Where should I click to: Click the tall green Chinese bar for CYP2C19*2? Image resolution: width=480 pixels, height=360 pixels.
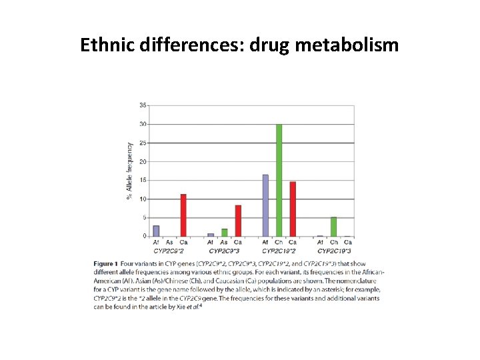click(279, 180)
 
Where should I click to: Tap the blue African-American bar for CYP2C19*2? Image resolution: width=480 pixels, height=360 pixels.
click(265, 205)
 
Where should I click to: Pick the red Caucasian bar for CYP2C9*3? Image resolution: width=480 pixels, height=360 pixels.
click(238, 221)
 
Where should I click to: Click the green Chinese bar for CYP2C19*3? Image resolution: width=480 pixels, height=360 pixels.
click(334, 227)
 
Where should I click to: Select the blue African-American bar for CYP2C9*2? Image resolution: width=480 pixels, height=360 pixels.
click(156, 231)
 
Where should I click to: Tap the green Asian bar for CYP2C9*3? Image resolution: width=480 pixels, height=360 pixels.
click(225, 233)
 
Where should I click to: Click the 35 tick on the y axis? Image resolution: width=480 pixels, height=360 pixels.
click(143, 105)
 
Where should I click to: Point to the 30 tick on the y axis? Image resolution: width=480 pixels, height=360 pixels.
click(143, 124)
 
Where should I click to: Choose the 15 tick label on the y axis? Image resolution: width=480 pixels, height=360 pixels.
click(143, 180)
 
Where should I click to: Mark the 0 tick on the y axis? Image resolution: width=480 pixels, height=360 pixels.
click(144, 236)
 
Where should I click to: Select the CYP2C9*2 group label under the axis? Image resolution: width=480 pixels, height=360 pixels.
click(169, 251)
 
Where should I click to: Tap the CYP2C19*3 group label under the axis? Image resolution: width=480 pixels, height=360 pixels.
click(334, 251)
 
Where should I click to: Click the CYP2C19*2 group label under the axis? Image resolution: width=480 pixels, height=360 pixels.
click(279, 251)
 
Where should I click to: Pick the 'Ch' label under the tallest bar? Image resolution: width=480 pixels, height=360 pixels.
click(279, 243)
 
